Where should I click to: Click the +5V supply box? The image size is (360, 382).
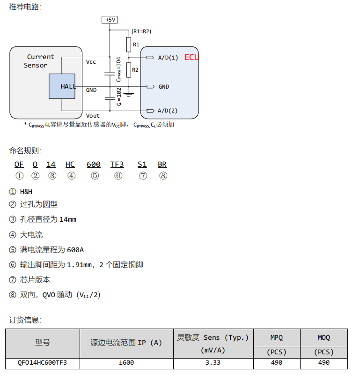pos(109,20)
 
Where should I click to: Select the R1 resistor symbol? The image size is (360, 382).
pos(129,45)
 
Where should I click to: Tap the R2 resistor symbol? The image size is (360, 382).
pos(129,70)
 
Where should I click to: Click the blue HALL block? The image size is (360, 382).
pos(62,86)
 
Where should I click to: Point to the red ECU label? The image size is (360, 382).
pos(191,57)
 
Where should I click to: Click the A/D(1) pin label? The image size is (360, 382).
pos(168,58)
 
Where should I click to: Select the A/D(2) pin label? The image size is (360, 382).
pos(168,111)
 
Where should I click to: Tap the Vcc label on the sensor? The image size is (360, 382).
pos(91,62)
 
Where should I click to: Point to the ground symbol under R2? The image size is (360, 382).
pos(129,95)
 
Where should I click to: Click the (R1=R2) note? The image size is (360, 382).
pos(141,31)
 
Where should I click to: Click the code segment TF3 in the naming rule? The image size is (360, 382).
pos(117,164)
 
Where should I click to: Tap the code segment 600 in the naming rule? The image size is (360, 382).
pos(94,164)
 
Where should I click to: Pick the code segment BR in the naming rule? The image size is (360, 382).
pos(162,164)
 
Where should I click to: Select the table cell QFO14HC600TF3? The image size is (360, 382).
pos(42,362)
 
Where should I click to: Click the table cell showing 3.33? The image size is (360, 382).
pos(213,362)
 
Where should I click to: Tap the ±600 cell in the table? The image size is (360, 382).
pos(126,362)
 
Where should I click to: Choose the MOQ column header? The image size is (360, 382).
pos(323,337)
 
